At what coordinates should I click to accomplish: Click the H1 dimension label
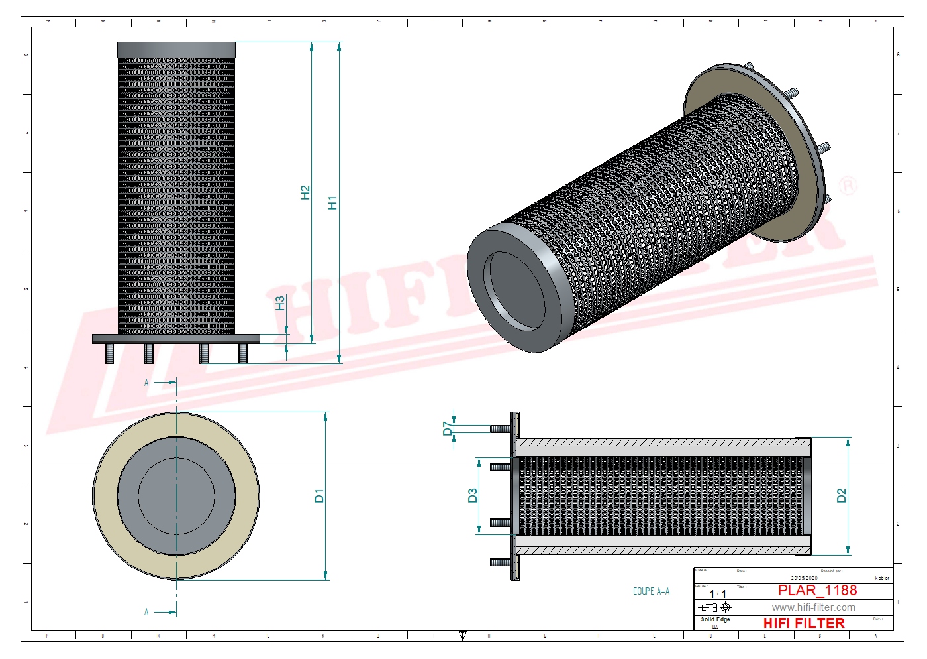pos(332,202)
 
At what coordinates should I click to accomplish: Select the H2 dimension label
pos(305,192)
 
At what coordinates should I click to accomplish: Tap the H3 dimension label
pos(280,303)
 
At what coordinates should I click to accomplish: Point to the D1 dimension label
pos(319,496)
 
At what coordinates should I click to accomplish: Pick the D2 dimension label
pos(841,496)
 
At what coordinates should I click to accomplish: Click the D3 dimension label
pos(472,496)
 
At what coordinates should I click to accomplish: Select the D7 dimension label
pos(448,428)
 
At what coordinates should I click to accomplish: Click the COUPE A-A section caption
pos(651,591)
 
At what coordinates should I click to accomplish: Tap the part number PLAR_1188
pos(817,591)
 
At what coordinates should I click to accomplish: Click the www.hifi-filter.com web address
pos(813,607)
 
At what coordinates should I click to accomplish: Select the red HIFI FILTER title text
pos(804,623)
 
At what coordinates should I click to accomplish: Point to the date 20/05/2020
pos(804,578)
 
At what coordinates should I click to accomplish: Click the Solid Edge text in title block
pos(715,619)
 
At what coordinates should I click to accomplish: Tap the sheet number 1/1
pos(718,594)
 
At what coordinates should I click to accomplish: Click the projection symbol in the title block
pos(716,607)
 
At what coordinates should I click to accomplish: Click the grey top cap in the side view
pos(176,50)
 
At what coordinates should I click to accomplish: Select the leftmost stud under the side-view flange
pos(109,353)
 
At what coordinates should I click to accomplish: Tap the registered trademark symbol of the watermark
pos(848,186)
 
